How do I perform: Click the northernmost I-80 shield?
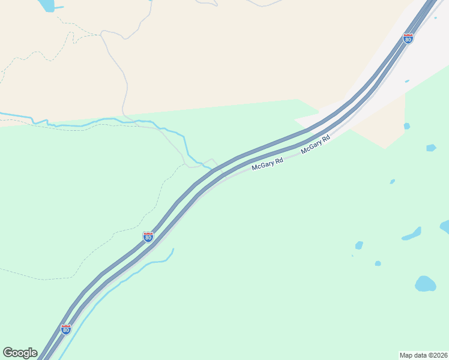pos(408,39)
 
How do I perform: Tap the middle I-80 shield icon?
pos(148,237)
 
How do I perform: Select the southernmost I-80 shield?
pos(66,329)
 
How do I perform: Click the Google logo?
pos(20,353)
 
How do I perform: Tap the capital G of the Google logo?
pos(8,353)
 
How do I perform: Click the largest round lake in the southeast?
pos(425,284)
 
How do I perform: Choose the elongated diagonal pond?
pos(412,233)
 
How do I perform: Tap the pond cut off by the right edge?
pos(445,227)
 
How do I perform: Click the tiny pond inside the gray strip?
pos(407,81)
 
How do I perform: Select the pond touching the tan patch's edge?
pos(407,126)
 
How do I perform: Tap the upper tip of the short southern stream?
pos(173,249)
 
